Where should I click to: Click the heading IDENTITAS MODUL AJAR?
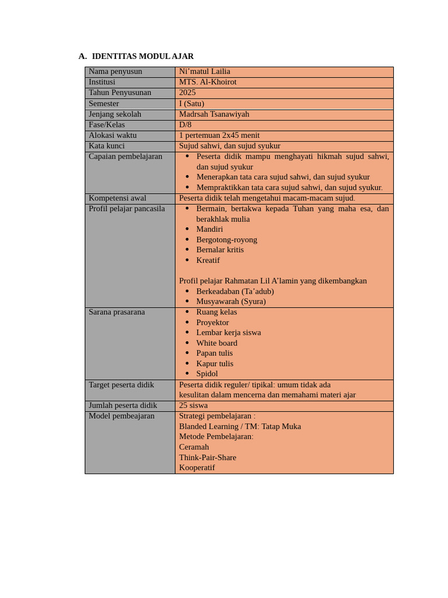[x=142, y=56]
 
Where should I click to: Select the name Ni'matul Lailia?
[x=204, y=71]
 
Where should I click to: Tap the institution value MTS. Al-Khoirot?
[x=208, y=82]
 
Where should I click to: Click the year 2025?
[x=187, y=92]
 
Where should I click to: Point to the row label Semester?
[x=104, y=103]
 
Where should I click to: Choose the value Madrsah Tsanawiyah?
[x=214, y=114]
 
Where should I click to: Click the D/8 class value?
[x=185, y=124]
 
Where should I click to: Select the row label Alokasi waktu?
[x=113, y=135]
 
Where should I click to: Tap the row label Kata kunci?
[x=107, y=145]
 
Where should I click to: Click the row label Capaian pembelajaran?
[x=125, y=157]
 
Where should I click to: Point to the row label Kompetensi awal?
[x=117, y=198]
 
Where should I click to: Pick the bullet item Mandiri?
[x=209, y=229]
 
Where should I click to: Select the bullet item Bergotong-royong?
[x=226, y=239]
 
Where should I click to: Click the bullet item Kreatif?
[x=208, y=260]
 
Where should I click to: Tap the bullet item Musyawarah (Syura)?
[x=231, y=301]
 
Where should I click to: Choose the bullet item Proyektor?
[x=212, y=322]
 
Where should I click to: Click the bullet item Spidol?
[x=207, y=373]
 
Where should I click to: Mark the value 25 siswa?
[x=193, y=405]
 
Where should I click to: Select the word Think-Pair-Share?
[x=208, y=457]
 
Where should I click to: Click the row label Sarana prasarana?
[x=117, y=312]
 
